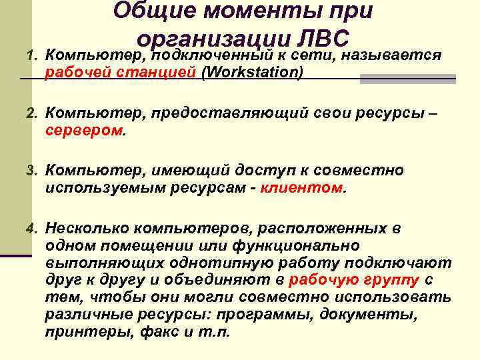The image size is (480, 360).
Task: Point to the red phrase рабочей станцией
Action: click(x=121, y=72)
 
